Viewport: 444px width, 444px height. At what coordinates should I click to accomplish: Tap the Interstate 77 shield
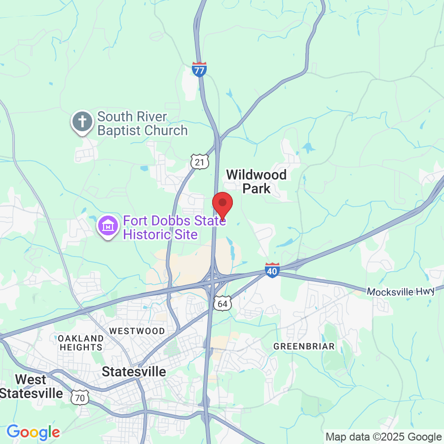point(199,69)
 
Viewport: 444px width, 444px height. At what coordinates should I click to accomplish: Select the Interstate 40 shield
point(273,270)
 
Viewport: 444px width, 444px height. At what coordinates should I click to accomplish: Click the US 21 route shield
point(200,161)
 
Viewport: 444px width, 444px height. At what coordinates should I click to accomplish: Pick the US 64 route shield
point(222,303)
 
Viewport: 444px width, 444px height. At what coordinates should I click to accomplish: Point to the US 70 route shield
point(79,396)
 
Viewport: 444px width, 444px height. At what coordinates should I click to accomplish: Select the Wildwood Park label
point(256,181)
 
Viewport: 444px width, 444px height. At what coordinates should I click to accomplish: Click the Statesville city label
point(134,371)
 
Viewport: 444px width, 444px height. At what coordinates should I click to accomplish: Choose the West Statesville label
point(32,386)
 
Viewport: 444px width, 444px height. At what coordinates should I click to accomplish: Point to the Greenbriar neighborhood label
point(304,346)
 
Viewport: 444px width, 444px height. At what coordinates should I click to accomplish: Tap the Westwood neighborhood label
point(137,331)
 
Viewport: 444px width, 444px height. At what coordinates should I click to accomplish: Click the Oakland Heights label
point(81,342)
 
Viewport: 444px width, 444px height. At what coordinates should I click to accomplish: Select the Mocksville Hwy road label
point(401,292)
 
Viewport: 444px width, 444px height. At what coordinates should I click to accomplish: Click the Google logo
point(33,433)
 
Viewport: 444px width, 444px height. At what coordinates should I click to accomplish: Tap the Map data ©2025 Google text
point(383,437)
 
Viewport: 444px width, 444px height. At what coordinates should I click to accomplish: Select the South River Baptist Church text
point(142,124)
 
